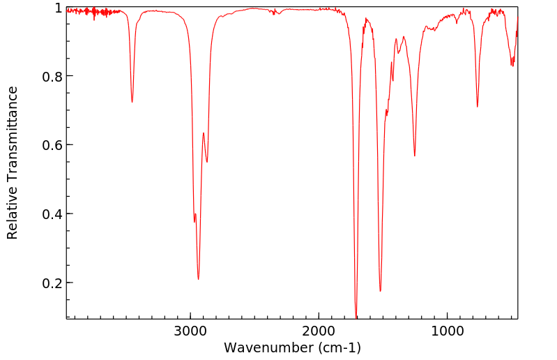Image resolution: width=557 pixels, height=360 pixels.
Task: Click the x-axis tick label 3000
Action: pyautogui.click(x=190, y=331)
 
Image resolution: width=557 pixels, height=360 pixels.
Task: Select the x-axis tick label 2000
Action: pyautogui.click(x=319, y=331)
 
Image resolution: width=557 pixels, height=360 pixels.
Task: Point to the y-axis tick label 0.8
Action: pyautogui.click(x=52, y=76)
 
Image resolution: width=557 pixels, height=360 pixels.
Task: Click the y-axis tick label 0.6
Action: pyautogui.click(x=52, y=145)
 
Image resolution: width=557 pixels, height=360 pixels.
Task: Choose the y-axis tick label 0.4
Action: pyautogui.click(x=52, y=214)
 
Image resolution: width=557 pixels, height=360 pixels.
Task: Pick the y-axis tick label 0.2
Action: pyautogui.click(x=52, y=283)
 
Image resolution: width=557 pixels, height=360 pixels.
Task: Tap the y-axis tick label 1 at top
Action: pyautogui.click(x=59, y=8)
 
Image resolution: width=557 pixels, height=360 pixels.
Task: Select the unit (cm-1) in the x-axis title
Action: pyautogui.click(x=337, y=347)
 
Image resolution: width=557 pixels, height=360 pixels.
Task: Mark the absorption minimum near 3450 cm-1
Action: pyautogui.click(x=132, y=102)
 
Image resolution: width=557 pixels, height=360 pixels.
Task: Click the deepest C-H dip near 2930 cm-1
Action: pyautogui.click(x=199, y=279)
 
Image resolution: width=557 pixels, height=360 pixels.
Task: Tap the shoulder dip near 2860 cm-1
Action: pyautogui.click(x=207, y=162)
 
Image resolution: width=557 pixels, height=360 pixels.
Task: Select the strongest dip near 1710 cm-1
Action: pyautogui.click(x=356, y=317)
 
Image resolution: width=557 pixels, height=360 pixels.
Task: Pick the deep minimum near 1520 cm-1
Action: pyautogui.click(x=380, y=291)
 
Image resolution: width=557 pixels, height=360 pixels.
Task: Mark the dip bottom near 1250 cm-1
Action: pyautogui.click(x=415, y=156)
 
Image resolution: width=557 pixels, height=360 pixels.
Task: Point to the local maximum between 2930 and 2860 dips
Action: pyautogui.click(x=204, y=133)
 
